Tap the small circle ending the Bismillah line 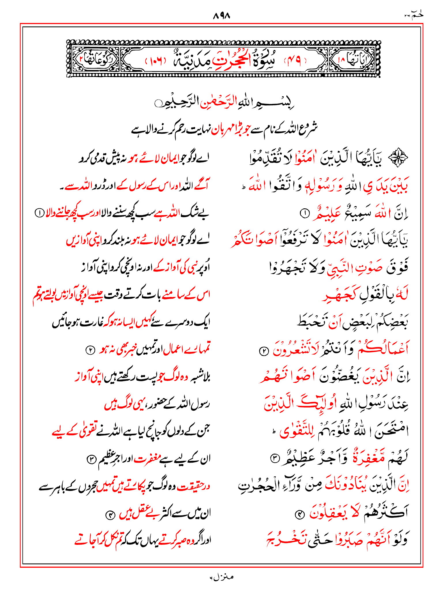(158, 103)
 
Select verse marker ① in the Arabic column (305, 214)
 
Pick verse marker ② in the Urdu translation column (90, 350)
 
